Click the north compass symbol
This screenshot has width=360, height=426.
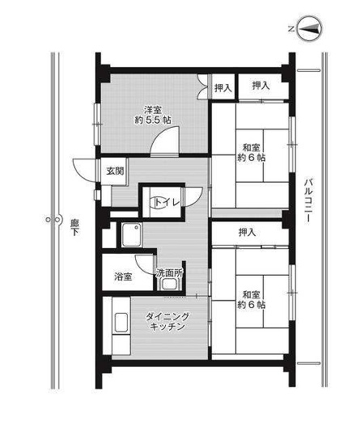[x=309, y=29]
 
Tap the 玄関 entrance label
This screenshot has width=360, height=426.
[x=115, y=171]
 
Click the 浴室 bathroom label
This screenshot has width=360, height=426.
[x=123, y=276]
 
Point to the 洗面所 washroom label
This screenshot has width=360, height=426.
[x=169, y=272]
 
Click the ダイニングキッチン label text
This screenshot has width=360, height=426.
[x=167, y=321]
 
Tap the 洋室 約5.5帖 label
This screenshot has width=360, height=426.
[x=153, y=115]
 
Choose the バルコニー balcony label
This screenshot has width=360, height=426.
[x=308, y=200]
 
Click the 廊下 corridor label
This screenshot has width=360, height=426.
[x=74, y=227]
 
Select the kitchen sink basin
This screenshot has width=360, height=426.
[x=121, y=323]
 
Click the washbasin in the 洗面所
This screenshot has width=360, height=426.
[x=169, y=285]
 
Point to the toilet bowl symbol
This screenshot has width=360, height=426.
[x=159, y=202]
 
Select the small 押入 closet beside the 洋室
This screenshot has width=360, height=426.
[x=223, y=87]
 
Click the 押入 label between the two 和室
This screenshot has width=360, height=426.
[x=247, y=232]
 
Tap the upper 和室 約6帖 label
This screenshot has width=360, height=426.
[x=252, y=153]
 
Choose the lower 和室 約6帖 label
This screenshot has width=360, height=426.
[x=252, y=299]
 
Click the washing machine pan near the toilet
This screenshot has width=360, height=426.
[x=131, y=234]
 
